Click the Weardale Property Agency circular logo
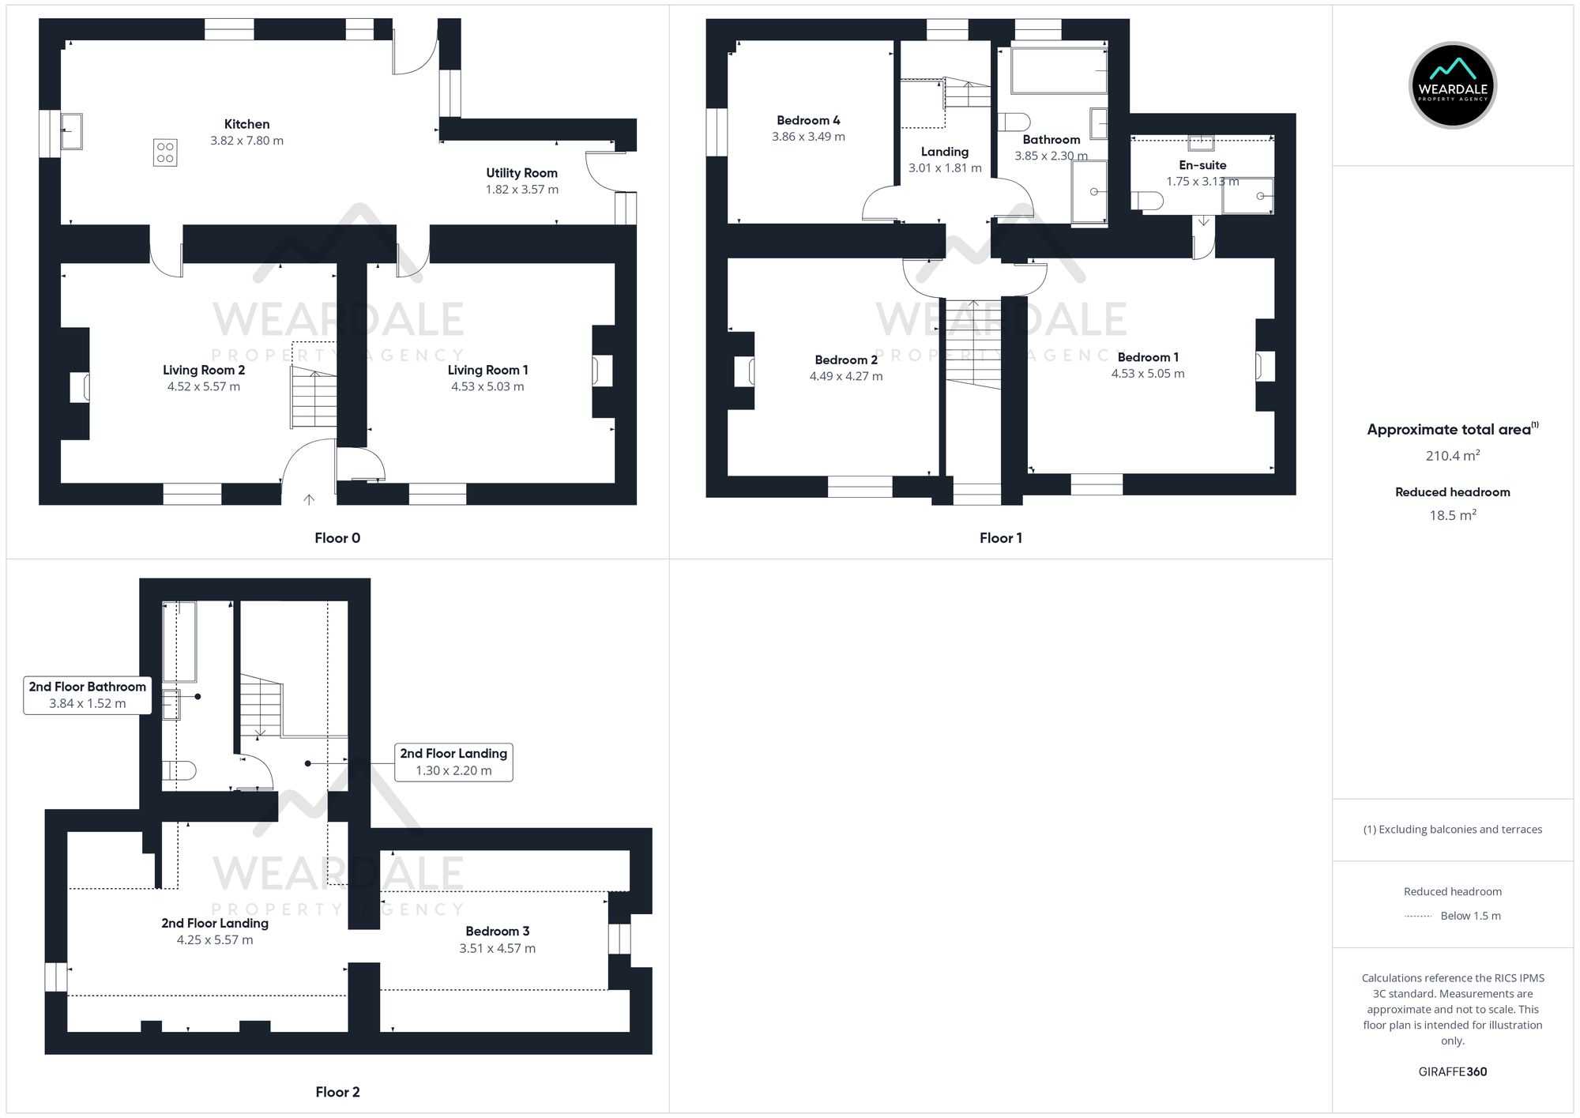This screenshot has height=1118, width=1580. (x=1452, y=85)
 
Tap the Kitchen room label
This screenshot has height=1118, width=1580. (x=246, y=124)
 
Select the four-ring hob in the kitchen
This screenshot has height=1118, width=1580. (x=165, y=152)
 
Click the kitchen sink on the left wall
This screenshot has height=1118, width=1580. (x=72, y=130)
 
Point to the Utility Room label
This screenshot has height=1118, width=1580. (x=521, y=173)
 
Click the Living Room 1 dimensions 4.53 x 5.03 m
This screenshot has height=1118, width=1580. (x=487, y=387)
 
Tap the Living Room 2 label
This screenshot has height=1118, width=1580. (x=204, y=370)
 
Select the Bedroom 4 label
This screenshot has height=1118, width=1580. (x=808, y=120)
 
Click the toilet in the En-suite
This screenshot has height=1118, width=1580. (x=1146, y=201)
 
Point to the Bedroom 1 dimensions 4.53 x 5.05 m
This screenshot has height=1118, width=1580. (x=1147, y=374)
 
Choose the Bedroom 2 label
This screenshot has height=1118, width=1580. (x=846, y=359)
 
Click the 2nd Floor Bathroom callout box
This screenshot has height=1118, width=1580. (x=87, y=695)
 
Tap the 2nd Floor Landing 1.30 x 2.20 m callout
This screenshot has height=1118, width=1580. (x=453, y=762)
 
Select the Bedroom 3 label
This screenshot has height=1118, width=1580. (x=497, y=931)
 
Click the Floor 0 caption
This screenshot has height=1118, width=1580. (x=337, y=538)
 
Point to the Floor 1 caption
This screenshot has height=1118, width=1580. (x=1000, y=538)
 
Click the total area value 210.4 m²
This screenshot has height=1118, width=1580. (x=1452, y=456)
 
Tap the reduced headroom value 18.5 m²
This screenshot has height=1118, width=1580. (x=1452, y=515)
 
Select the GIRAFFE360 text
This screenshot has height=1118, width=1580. (x=1452, y=1071)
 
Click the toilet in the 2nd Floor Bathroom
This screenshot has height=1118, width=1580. (x=179, y=770)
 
